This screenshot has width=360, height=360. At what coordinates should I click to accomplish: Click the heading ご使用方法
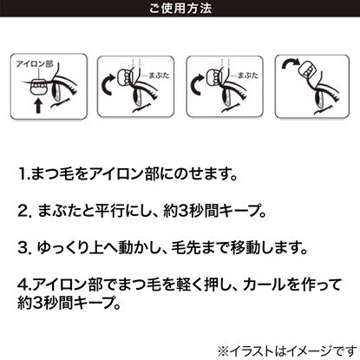(x=180, y=8)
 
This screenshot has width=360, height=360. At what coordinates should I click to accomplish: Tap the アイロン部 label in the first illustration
(x=35, y=64)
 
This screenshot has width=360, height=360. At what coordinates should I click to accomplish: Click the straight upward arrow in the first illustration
(x=38, y=106)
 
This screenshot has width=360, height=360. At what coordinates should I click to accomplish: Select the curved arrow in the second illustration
(x=109, y=84)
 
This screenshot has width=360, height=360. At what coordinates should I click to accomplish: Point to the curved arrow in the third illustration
(x=198, y=84)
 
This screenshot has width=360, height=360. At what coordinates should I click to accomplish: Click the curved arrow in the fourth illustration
(x=291, y=63)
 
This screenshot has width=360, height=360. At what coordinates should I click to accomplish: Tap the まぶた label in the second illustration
(x=159, y=75)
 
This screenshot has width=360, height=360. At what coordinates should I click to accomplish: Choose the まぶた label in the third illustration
(x=248, y=75)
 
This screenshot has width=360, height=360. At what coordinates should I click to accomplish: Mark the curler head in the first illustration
(x=38, y=87)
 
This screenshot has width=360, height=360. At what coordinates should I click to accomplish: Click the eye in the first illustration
(x=56, y=92)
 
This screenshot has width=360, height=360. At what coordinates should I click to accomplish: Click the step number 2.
(x=24, y=212)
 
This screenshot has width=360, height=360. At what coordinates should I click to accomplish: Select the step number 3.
(x=24, y=248)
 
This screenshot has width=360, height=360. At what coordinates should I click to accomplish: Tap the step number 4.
(x=23, y=285)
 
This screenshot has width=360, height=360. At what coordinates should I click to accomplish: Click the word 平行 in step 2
(x=110, y=211)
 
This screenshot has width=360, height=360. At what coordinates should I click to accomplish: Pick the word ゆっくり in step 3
(x=62, y=248)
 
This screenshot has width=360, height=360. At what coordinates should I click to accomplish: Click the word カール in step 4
(x=264, y=285)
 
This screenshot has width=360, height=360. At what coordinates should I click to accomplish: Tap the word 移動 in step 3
(x=245, y=248)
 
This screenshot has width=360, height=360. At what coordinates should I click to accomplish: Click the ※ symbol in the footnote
(x=223, y=351)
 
